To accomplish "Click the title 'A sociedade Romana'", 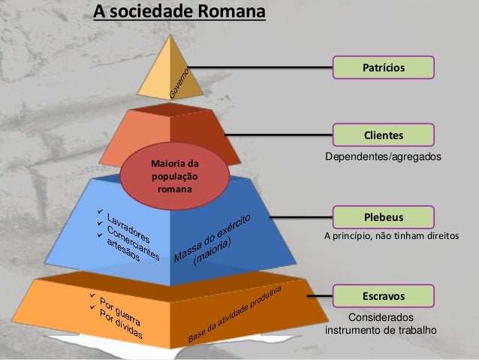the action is [x=178, y=13].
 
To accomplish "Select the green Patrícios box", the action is [x=384, y=68].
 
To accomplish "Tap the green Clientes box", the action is [x=384, y=135].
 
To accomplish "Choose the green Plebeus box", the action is [x=384, y=217].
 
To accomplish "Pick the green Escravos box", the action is [x=384, y=295].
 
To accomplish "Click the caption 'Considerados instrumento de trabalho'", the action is [x=380, y=324].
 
